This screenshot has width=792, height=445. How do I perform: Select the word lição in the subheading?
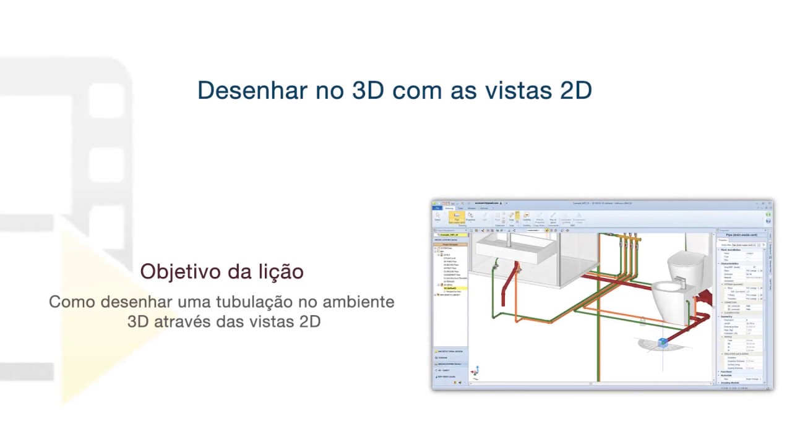(x=282, y=271)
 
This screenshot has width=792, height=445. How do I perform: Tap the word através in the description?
(x=184, y=321)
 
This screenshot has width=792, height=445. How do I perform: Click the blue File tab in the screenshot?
(x=437, y=208)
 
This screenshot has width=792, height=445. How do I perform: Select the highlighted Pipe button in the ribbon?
(x=457, y=218)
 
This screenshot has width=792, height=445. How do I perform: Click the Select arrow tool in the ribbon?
(x=437, y=216)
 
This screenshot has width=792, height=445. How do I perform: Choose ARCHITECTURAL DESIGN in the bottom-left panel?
(x=452, y=351)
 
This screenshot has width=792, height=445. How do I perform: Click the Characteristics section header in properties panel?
(x=730, y=263)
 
